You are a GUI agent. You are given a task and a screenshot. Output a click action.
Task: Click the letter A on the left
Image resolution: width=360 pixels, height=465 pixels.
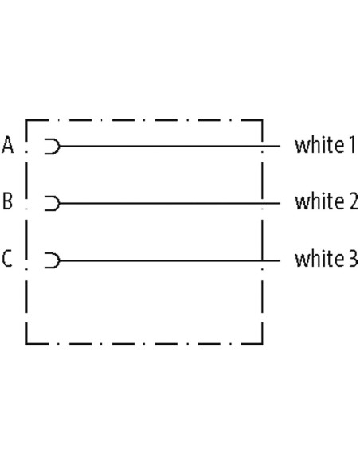(x=8, y=145)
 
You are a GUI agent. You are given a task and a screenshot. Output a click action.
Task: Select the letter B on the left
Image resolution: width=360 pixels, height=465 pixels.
(x=7, y=201)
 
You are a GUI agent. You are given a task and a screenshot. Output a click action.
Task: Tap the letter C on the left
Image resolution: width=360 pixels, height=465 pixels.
(x=7, y=259)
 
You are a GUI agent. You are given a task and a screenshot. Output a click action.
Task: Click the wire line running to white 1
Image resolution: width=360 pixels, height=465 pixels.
(x=170, y=146)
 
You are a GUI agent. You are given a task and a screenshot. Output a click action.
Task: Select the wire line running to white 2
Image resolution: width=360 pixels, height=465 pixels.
(x=170, y=204)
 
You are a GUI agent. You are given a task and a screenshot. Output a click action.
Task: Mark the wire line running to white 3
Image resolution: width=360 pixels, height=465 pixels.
(x=170, y=260)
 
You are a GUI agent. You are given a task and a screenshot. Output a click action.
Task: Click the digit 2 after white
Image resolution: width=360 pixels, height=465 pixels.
(x=352, y=202)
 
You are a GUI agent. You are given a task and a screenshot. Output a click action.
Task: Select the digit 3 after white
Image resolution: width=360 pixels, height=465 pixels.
(x=352, y=260)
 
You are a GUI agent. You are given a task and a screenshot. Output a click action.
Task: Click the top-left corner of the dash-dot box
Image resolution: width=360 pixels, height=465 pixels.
(x=27, y=120)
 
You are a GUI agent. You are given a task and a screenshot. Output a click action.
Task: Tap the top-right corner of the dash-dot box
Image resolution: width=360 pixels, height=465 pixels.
(x=262, y=120)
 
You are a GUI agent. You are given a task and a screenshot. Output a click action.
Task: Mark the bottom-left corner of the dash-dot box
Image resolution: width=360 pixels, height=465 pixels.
(x=27, y=344)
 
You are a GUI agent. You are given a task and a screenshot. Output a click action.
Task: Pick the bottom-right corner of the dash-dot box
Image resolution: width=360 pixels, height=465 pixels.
(x=262, y=344)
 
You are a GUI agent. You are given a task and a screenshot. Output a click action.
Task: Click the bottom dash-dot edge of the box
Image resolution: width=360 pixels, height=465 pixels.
(x=144, y=344)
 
